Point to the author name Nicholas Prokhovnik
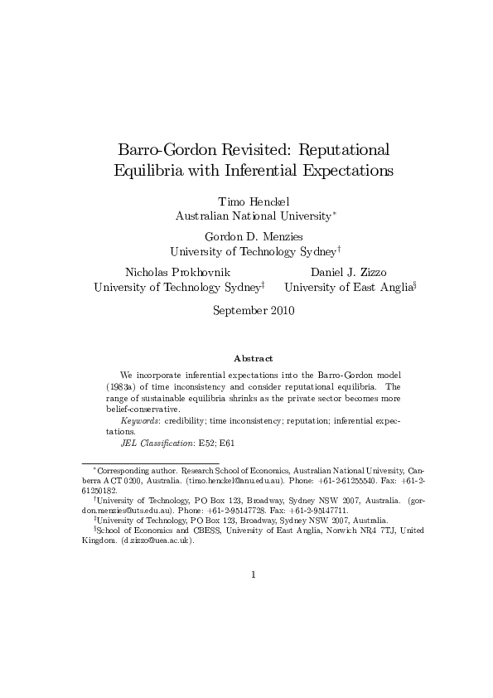(177, 272)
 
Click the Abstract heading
(253, 358)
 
